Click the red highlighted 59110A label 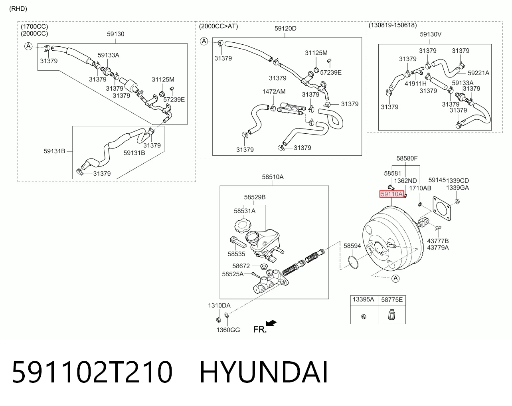(x=391, y=194)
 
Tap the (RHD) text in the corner (x=18, y=9)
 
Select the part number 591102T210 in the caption (x=92, y=372)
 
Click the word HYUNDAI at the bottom (x=264, y=372)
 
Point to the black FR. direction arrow (x=271, y=323)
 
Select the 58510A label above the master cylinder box (x=273, y=177)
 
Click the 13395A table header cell (x=364, y=299)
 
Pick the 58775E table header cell (x=392, y=299)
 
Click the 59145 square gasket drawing (x=442, y=208)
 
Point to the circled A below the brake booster (x=395, y=278)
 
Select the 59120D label (x=285, y=29)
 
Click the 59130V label (x=431, y=34)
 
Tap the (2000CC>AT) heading (x=218, y=26)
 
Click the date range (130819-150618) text (x=393, y=25)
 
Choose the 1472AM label (x=274, y=92)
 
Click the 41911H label (x=416, y=83)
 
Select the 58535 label (x=236, y=254)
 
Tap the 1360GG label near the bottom (x=228, y=330)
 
